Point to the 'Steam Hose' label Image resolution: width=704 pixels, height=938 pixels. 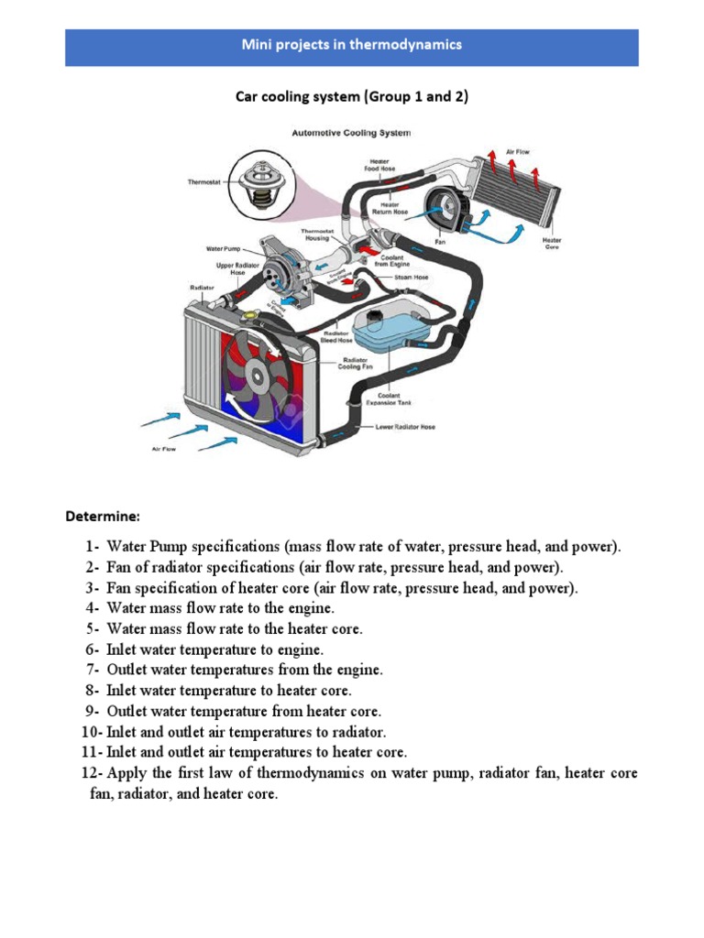pos(411,277)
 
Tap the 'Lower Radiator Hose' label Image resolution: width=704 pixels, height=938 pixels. pos(405,427)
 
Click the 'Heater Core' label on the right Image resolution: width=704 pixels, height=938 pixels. pos(552,244)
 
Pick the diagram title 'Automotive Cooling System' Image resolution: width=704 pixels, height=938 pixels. pos(351,133)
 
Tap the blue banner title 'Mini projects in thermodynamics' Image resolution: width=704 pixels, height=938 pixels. pos(351,44)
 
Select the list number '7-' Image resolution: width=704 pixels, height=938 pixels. pos(93,670)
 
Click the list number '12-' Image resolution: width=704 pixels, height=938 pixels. pos(91,774)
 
